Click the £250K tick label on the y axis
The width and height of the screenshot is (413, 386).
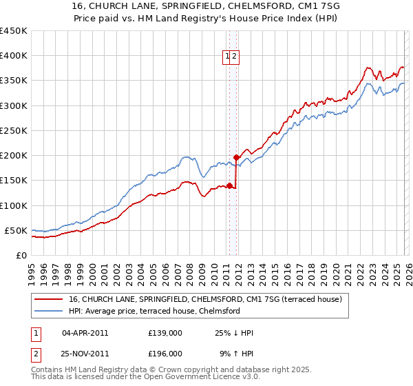pos(14,130)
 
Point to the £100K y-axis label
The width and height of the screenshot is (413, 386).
pos(14,205)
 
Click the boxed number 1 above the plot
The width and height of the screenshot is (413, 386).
pos(227,57)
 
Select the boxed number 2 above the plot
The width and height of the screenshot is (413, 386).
pos(235,57)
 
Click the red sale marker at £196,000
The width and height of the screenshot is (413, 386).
pos(237,157)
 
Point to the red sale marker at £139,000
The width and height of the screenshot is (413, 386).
pos(229,185)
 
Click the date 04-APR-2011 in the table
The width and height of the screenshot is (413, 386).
pos(85,333)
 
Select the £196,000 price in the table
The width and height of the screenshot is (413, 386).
pos(165,354)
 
